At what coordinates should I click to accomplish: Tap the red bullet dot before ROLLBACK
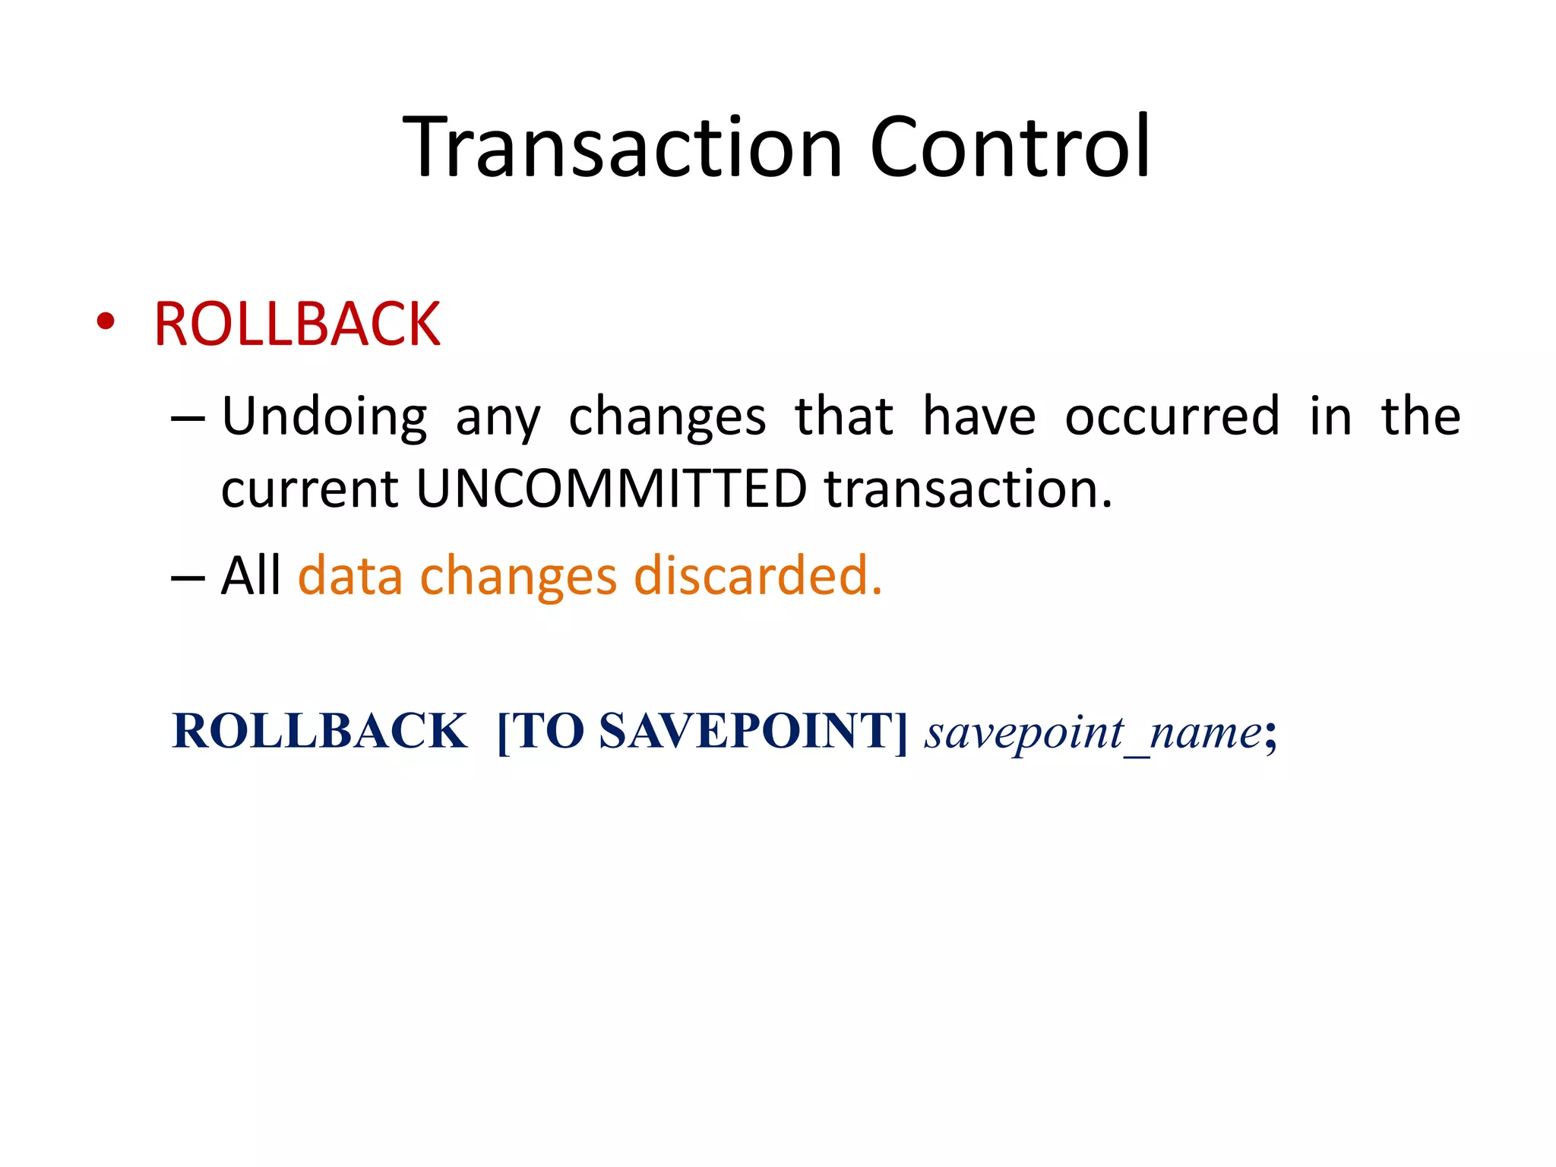106,323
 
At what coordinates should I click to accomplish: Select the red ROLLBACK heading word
297,324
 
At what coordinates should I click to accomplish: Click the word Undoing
324,418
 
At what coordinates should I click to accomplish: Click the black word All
251,575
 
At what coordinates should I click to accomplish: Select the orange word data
350,575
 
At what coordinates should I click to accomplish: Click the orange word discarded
757,575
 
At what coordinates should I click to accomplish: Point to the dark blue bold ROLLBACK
320,731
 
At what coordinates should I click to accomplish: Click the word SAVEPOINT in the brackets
748,731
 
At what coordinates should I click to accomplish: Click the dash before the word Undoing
188,418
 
